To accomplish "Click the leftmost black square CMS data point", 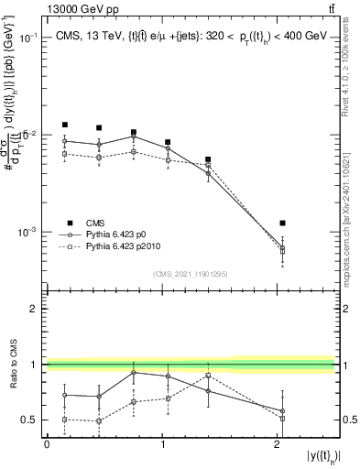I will (64, 125).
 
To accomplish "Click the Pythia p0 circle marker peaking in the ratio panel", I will (134, 372).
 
